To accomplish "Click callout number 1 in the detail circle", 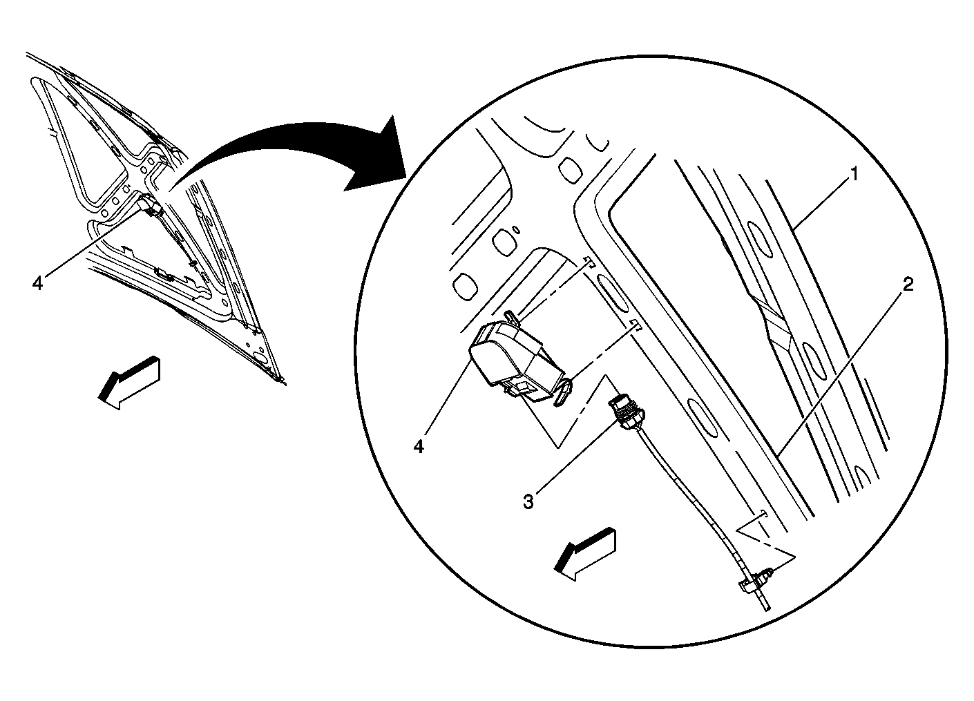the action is coord(854,174).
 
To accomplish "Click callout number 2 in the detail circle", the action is coord(908,285).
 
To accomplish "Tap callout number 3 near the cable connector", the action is coord(528,502).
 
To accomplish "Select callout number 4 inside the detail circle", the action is coord(419,447).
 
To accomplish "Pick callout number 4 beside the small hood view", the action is coord(37,284).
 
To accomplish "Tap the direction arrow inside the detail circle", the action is coord(585,555).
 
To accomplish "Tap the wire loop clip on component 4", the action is coord(564,392).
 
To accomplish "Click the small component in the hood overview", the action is coord(150,204).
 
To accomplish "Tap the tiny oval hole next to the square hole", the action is coord(516,229).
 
